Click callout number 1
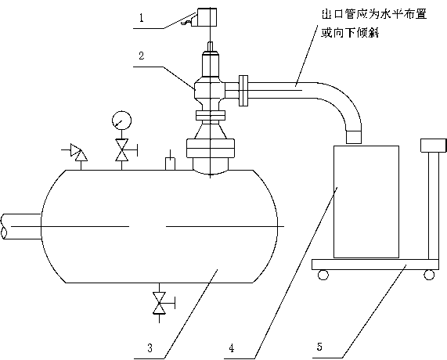[142, 18]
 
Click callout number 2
[142, 56]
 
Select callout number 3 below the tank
[150, 347]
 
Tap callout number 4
[232, 347]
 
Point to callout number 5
[319, 347]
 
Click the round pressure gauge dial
[121, 120]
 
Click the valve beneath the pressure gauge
[121, 150]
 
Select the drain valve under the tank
[159, 303]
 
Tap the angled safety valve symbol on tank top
[78, 152]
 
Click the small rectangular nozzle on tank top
[171, 164]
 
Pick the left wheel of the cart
[323, 275]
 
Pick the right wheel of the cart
[429, 275]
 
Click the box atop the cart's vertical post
[434, 146]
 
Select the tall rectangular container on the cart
[366, 201]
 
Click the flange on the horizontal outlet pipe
[243, 91]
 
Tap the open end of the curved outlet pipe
[354, 137]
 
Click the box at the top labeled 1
[205, 17]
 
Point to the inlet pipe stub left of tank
[20, 226]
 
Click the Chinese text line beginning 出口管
[374, 14]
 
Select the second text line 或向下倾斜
[350, 33]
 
